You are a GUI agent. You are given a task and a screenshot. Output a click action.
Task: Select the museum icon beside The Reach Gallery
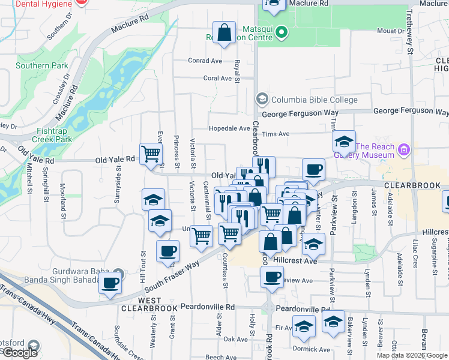coord(404,149)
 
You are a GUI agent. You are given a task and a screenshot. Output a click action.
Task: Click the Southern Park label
coord(34,65)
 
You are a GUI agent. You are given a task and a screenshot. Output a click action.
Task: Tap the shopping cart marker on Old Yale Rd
coord(151,154)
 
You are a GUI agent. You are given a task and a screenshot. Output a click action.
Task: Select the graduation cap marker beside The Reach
coord(344,142)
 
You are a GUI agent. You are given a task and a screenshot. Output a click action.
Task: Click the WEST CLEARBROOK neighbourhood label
coord(149,304)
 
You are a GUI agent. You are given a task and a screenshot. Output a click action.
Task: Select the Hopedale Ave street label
coord(229,128)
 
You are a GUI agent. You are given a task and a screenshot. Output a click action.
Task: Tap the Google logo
coord(19,352)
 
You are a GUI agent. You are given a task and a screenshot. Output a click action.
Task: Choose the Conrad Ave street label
coord(205,61)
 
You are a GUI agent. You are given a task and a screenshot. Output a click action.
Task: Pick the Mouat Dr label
coord(391,31)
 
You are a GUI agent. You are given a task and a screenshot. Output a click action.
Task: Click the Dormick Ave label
coord(312,349)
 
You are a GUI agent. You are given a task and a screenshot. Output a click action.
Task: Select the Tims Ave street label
coord(276,134)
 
